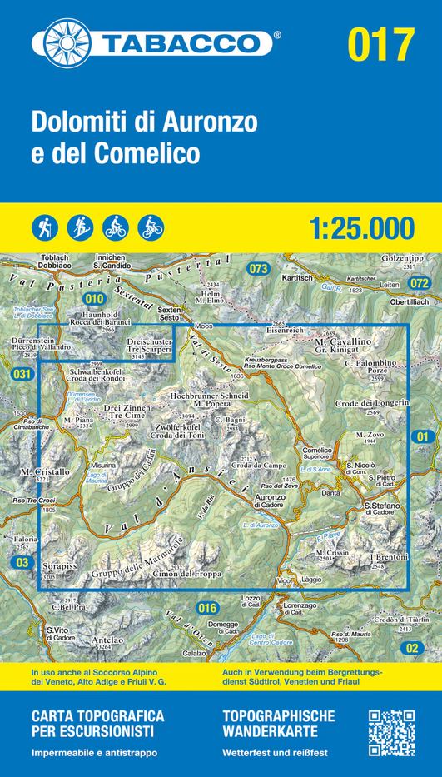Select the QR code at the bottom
coord(390,732)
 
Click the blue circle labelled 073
coord(260,268)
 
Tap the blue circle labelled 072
coord(419,284)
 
